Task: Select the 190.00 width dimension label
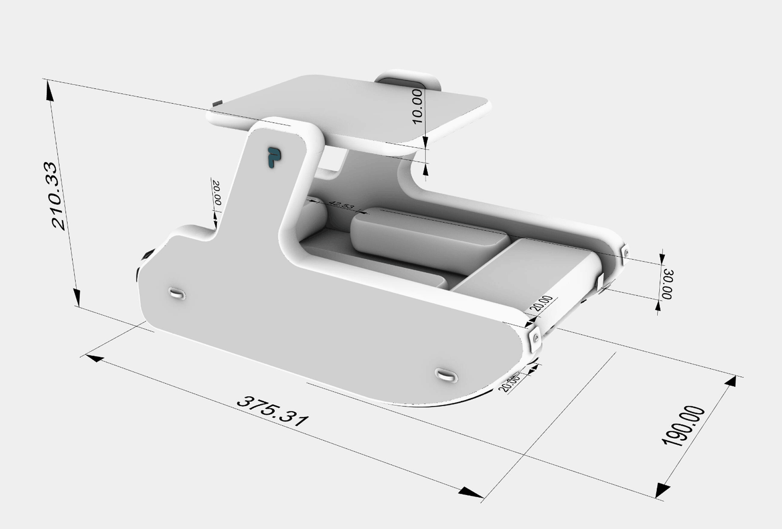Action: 684,426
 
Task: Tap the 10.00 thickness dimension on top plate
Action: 417,106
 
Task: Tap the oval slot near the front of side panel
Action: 446,375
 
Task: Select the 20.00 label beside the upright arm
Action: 216,193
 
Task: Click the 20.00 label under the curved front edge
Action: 509,382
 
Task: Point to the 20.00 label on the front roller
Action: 543,304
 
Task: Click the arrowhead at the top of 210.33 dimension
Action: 50,90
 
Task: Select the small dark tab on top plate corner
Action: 218,103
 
